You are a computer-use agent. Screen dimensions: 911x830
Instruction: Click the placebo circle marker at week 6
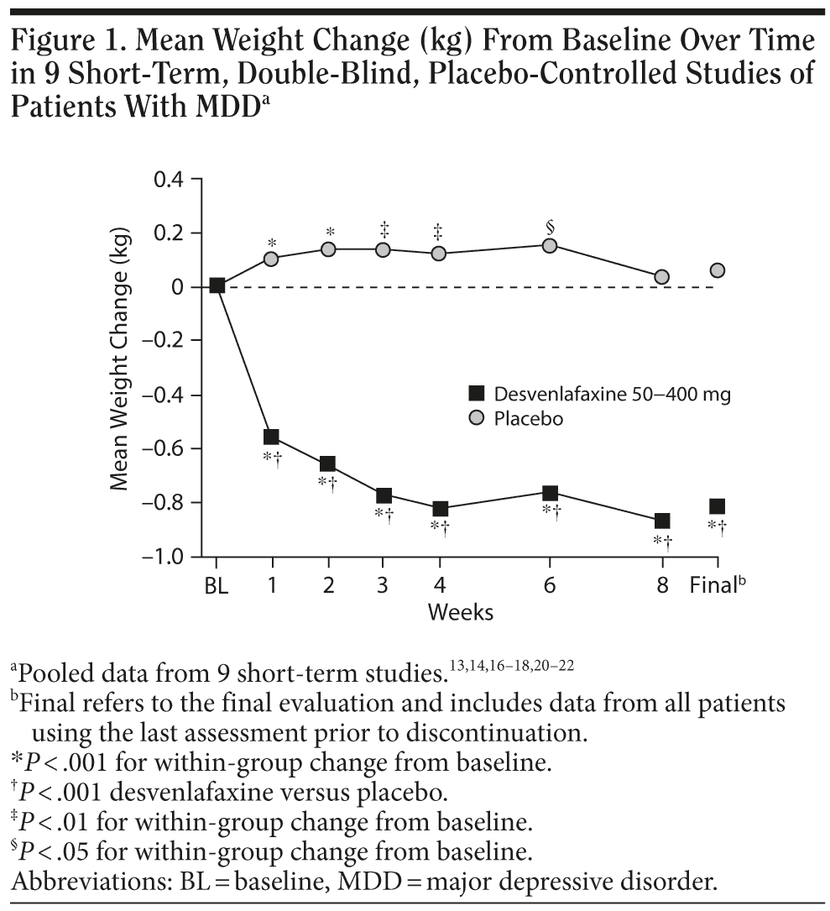tap(550, 245)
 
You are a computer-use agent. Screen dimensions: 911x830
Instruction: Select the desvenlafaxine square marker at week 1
tap(271, 437)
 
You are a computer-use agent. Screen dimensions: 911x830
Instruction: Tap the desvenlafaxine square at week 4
tap(439, 509)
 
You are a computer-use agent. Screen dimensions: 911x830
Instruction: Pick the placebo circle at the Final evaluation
tap(717, 270)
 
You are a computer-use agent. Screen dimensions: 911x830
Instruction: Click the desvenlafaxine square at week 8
tap(662, 521)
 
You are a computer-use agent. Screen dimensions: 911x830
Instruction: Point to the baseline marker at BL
tap(217, 285)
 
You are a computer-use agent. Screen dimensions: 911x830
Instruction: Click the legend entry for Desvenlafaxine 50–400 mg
tap(599, 394)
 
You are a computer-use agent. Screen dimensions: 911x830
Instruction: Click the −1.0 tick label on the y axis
tap(169, 557)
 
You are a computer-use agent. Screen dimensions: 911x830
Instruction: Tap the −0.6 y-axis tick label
tap(169, 448)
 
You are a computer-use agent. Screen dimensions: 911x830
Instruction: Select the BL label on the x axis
tap(217, 586)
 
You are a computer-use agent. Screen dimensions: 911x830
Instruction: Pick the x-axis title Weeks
tap(461, 612)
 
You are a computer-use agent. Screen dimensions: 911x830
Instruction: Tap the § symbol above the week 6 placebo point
tap(550, 226)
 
